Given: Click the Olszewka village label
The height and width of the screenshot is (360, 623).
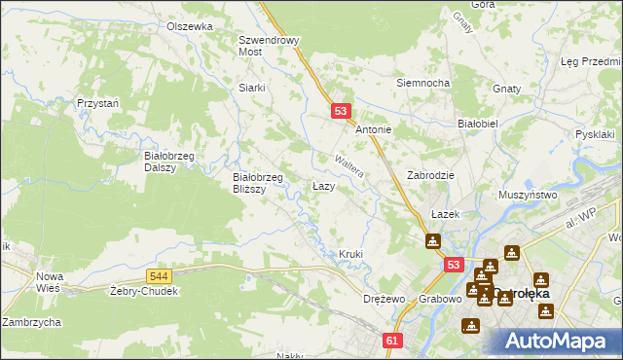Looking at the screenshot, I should (x=189, y=26).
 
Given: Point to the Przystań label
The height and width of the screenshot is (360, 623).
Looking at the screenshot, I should (x=97, y=102).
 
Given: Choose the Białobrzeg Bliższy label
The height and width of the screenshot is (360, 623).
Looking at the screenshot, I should (x=257, y=183).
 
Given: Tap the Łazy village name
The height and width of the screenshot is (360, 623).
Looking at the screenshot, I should (x=324, y=185).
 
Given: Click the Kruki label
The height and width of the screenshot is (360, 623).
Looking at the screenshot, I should (x=350, y=254).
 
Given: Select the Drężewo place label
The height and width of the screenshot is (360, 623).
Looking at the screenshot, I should (x=382, y=298).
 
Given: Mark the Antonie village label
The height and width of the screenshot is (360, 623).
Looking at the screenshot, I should (x=373, y=129).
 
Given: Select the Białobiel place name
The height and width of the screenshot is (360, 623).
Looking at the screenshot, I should (x=478, y=124).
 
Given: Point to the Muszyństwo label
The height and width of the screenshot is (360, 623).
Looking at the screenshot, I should (x=527, y=195).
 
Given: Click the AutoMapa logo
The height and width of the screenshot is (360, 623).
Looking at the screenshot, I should (x=556, y=340).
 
